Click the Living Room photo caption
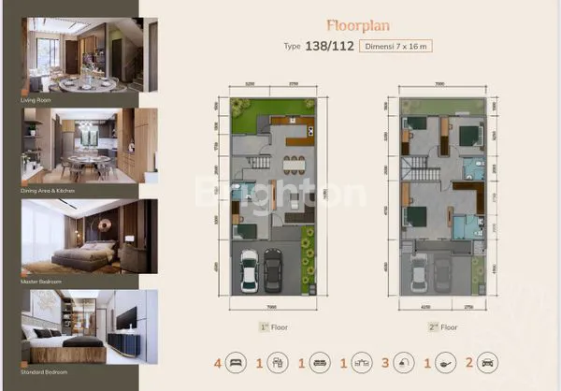click(34, 97)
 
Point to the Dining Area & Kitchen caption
click(48, 189)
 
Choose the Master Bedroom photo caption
click(39, 281)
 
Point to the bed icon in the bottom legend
click(236, 361)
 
